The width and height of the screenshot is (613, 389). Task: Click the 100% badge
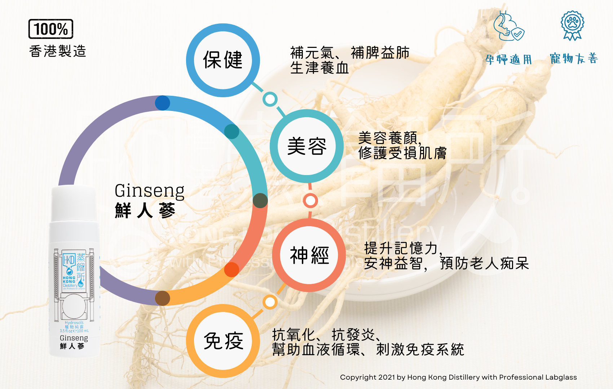pyautogui.click(x=51, y=29)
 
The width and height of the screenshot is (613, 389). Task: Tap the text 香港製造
pyautogui.click(x=58, y=51)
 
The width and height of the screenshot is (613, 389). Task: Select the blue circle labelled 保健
pyautogui.click(x=223, y=60)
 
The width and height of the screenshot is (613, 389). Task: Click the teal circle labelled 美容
pyautogui.click(x=306, y=146)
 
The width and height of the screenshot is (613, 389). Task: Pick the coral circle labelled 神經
pyautogui.click(x=309, y=255)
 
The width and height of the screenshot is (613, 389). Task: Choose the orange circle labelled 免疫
pyautogui.click(x=223, y=341)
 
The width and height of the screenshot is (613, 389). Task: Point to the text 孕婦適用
pyautogui.click(x=508, y=59)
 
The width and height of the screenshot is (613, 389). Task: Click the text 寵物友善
pyautogui.click(x=574, y=58)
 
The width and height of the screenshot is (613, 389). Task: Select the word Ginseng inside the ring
pyautogui.click(x=149, y=191)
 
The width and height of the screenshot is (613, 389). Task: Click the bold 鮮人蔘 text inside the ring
pyautogui.click(x=145, y=210)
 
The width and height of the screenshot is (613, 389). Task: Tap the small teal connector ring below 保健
pyautogui.click(x=270, y=99)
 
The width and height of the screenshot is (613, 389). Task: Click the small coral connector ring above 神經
pyautogui.click(x=310, y=201)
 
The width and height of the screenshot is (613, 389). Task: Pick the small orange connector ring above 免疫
pyautogui.click(x=270, y=302)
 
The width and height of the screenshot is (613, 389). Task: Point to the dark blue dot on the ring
pyautogui.click(x=163, y=103)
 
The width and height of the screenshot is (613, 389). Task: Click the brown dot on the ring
pyautogui.click(x=163, y=298)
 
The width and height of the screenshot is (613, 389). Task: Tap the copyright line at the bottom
pyautogui.click(x=458, y=377)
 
